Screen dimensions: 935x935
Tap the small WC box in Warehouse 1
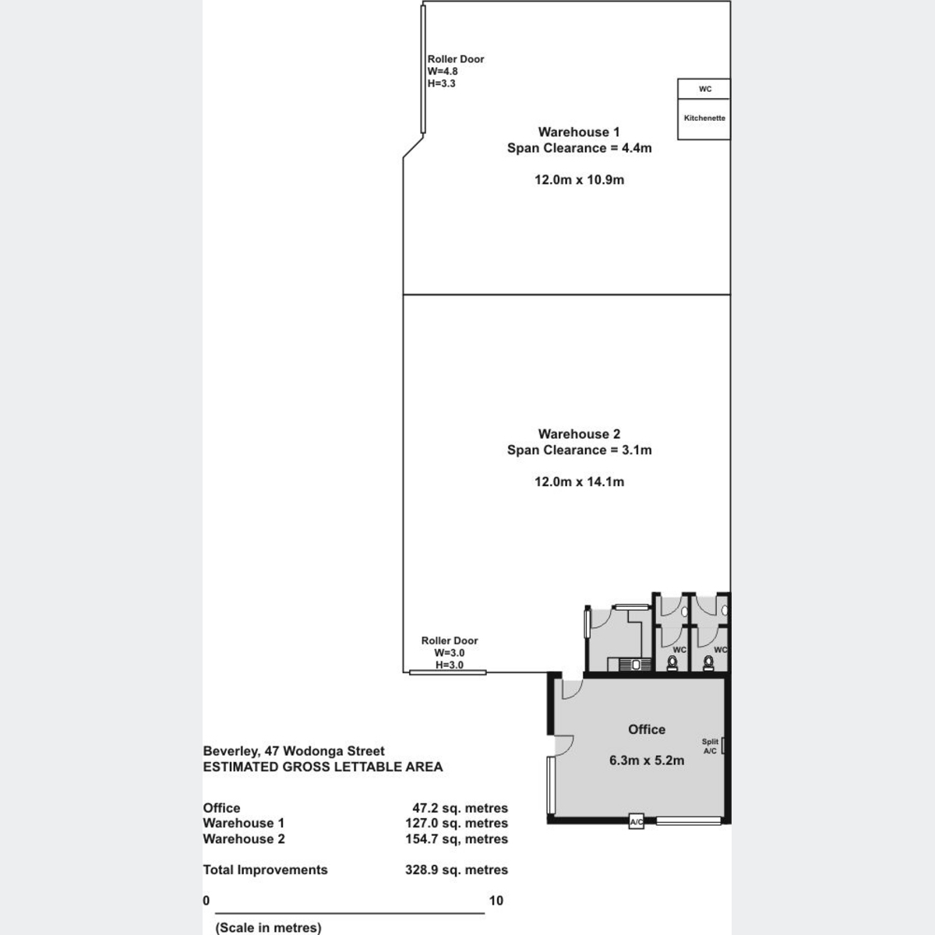(x=704, y=89)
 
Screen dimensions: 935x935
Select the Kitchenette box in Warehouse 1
(x=704, y=118)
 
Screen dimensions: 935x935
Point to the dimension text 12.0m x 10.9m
(x=579, y=180)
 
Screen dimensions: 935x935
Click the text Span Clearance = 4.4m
(x=579, y=148)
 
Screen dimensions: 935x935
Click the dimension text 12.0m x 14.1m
(x=579, y=482)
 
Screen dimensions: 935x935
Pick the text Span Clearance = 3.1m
(x=579, y=450)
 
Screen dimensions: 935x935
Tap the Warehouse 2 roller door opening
(x=448, y=672)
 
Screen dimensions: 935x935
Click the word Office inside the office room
(x=647, y=729)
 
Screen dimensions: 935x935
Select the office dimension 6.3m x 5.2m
(x=647, y=760)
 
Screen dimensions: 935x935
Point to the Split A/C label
(x=710, y=746)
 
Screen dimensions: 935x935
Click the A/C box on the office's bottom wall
(x=636, y=822)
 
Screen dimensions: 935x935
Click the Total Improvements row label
(x=265, y=870)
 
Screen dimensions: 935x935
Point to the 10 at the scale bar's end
(x=496, y=901)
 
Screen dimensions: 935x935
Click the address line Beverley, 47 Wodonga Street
(x=294, y=751)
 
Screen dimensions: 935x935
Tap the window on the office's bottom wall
(x=688, y=820)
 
